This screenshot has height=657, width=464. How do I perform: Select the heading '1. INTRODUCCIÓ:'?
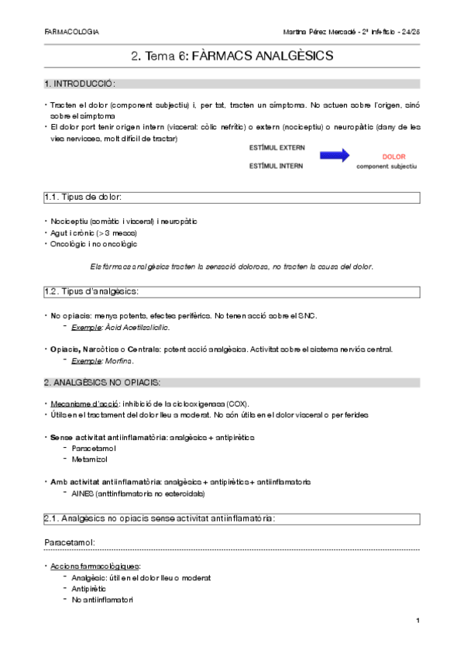(80, 84)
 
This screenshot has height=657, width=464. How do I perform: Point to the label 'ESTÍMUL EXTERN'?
(277, 146)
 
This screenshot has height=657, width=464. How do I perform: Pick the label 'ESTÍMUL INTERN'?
(276, 166)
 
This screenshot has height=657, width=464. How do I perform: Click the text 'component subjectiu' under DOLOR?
(387, 166)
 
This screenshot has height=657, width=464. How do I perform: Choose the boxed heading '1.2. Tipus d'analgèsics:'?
(93, 291)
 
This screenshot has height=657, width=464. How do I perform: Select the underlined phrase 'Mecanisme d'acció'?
(78, 404)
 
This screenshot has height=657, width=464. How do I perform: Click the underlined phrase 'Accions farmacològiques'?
(91, 566)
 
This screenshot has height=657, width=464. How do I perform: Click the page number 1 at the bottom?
(417, 621)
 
